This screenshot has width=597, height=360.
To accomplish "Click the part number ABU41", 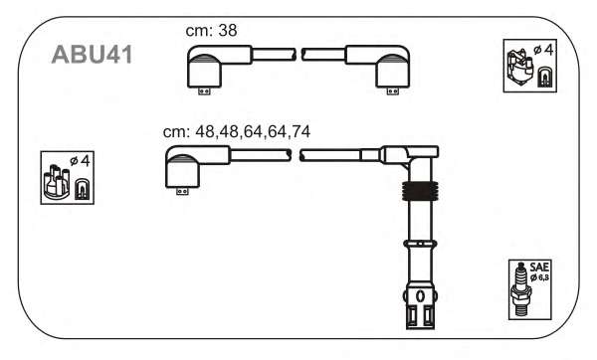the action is [x=92, y=55].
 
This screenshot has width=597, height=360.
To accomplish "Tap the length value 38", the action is [x=228, y=31].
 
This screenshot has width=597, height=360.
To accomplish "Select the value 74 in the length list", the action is [x=300, y=131].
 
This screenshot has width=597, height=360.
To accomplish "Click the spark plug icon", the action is [x=520, y=290].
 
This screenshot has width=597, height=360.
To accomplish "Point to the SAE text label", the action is [x=539, y=268].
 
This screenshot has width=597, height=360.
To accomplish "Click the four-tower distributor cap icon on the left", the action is [x=57, y=182].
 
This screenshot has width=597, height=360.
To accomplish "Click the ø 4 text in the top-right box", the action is [x=543, y=50].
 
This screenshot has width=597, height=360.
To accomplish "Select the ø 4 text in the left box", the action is [x=81, y=161].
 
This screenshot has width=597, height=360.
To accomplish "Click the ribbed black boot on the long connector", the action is [x=420, y=190].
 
